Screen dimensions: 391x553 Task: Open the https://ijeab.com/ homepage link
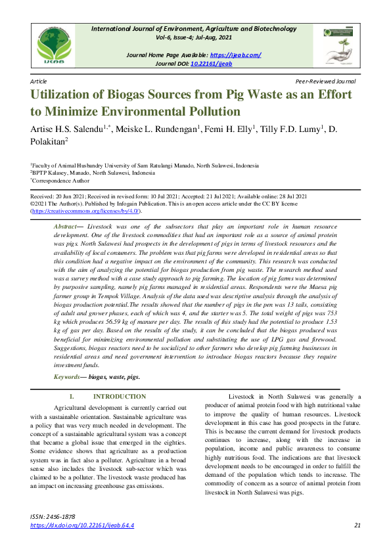(235, 55)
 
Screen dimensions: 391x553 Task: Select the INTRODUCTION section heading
(120, 397)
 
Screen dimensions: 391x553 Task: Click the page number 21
(357, 525)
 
